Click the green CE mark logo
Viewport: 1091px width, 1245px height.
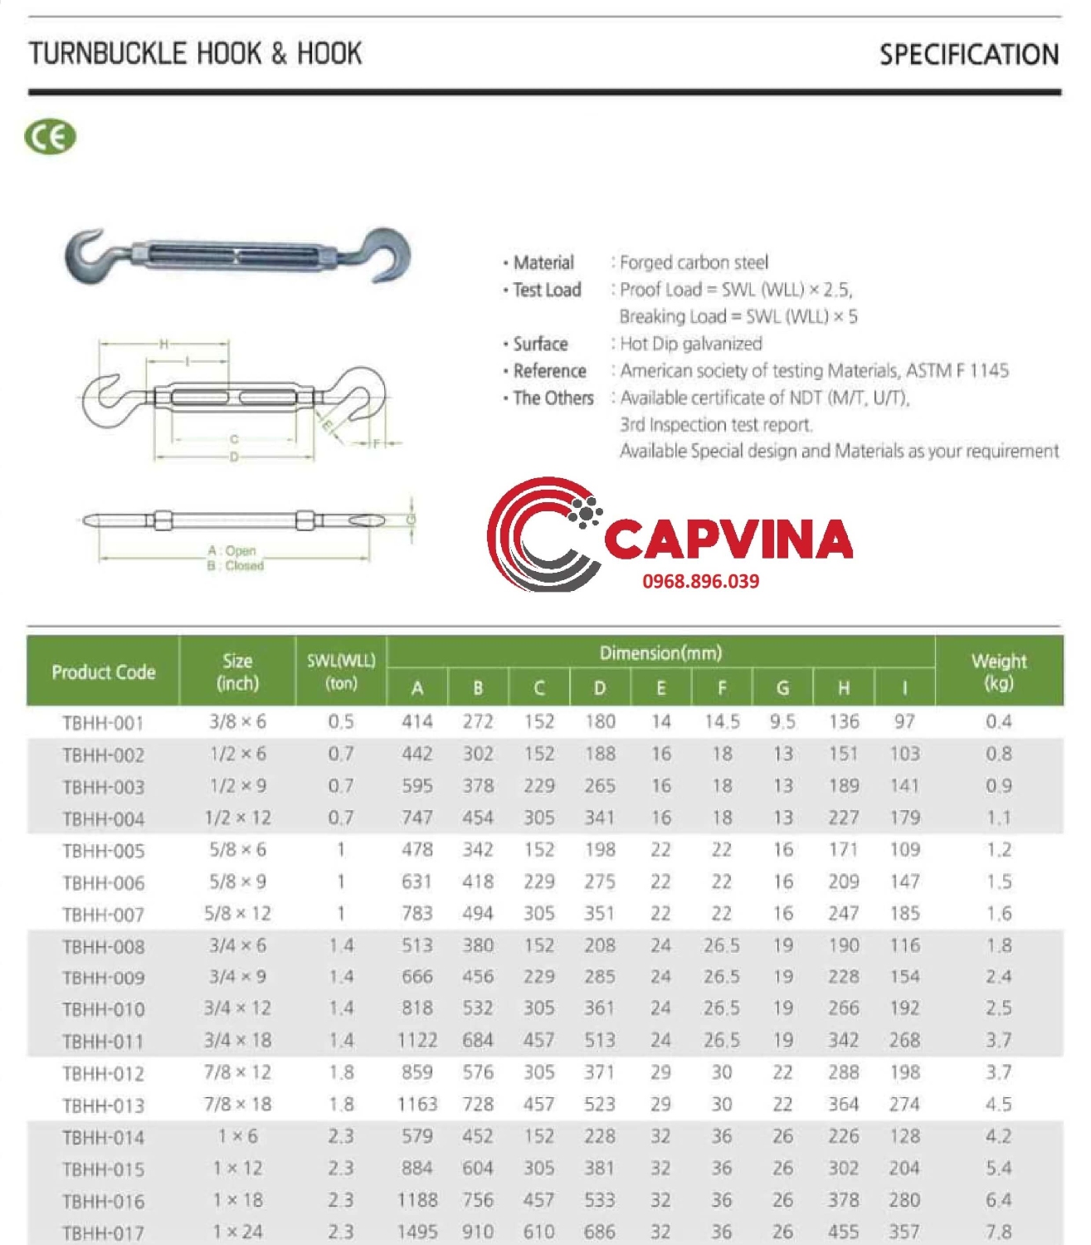(50, 137)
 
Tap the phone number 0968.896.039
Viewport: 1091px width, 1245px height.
(700, 581)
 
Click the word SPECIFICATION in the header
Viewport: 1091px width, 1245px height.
(968, 55)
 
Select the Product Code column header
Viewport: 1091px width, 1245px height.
(103, 672)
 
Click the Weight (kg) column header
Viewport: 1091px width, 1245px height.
(998, 672)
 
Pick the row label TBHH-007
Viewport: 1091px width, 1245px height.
(103, 915)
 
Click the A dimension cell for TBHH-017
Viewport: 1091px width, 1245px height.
(416, 1232)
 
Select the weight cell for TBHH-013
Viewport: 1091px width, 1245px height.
(998, 1105)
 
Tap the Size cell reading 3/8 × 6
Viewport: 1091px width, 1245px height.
(237, 722)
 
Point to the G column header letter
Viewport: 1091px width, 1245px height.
(782, 688)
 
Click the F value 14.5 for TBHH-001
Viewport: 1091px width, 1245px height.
(722, 722)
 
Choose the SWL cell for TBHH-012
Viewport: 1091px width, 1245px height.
(341, 1072)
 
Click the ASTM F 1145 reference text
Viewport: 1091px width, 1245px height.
(957, 371)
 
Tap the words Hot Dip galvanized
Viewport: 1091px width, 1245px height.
(690, 344)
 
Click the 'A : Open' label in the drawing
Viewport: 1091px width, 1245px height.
(231, 550)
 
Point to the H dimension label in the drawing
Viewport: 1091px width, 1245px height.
(163, 344)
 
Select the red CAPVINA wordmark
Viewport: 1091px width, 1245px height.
(728, 539)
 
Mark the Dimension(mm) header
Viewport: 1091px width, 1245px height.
(660, 653)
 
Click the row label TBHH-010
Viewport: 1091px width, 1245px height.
(103, 1009)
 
